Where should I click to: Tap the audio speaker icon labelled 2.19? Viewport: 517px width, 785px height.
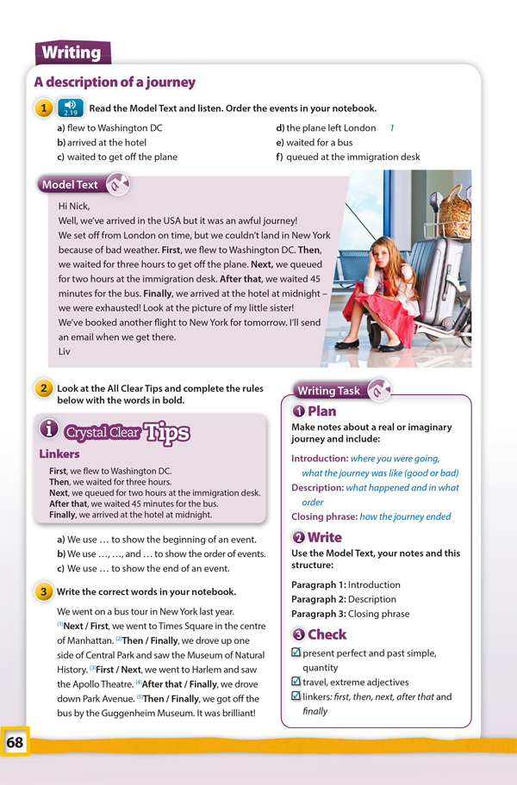click(x=71, y=108)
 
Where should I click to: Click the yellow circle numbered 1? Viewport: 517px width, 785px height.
click(x=42, y=108)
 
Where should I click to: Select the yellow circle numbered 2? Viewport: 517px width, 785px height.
click(x=42, y=388)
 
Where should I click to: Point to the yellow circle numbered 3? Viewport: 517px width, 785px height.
click(x=42, y=592)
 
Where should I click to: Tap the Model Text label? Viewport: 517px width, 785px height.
click(x=70, y=184)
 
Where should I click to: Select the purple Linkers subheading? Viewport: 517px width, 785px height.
click(x=59, y=454)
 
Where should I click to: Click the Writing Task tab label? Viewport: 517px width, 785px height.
click(x=328, y=391)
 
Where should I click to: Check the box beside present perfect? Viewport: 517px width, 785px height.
click(x=296, y=653)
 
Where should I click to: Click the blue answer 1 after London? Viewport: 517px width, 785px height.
click(x=392, y=127)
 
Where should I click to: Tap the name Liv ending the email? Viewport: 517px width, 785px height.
click(x=65, y=351)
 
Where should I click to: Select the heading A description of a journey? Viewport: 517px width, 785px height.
click(x=115, y=83)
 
